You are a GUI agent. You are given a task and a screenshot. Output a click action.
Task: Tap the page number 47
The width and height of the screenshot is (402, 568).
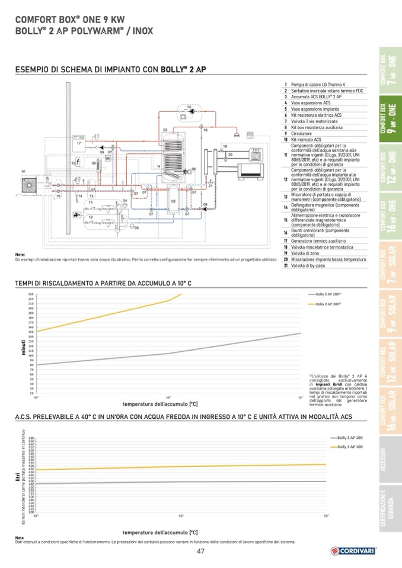pyautogui.click(x=200, y=552)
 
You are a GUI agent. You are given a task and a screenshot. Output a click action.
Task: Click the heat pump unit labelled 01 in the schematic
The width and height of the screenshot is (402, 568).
pyautogui.click(x=28, y=183)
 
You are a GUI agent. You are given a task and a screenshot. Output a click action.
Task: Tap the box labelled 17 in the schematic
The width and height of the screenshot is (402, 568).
pyautogui.click(x=78, y=144)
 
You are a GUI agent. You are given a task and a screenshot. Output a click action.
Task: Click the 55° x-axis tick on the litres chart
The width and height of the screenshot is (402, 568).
pyautogui.click(x=326, y=516)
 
